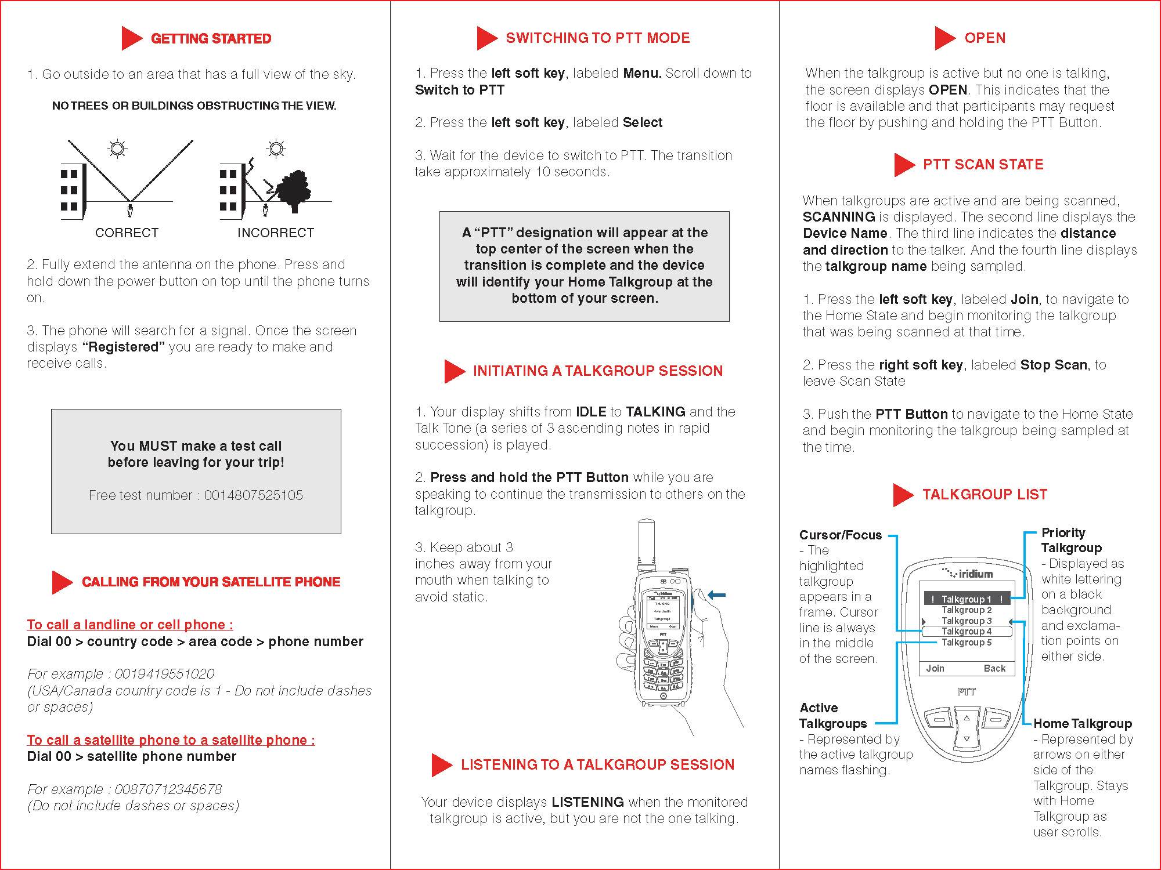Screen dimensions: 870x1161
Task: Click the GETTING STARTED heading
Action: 211,39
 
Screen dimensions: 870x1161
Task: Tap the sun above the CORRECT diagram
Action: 117,149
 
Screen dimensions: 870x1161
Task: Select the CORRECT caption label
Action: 127,233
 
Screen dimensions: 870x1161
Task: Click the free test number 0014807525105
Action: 253,495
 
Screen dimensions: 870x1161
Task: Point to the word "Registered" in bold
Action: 124,347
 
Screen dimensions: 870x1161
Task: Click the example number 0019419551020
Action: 164,674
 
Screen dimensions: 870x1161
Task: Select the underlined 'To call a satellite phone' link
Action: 171,740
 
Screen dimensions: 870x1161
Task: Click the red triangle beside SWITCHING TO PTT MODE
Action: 486,38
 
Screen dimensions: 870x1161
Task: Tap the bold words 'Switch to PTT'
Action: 460,90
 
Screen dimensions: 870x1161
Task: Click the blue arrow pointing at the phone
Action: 717,595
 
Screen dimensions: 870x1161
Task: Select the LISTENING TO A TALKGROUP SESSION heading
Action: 597,764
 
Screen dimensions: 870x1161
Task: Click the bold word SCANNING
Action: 839,217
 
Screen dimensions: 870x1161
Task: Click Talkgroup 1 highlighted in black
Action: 967,599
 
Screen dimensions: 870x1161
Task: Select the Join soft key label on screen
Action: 935,668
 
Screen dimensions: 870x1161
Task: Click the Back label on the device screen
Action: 994,668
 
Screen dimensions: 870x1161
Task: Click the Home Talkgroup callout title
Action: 1083,723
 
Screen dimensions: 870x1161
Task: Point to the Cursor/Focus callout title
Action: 840,535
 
